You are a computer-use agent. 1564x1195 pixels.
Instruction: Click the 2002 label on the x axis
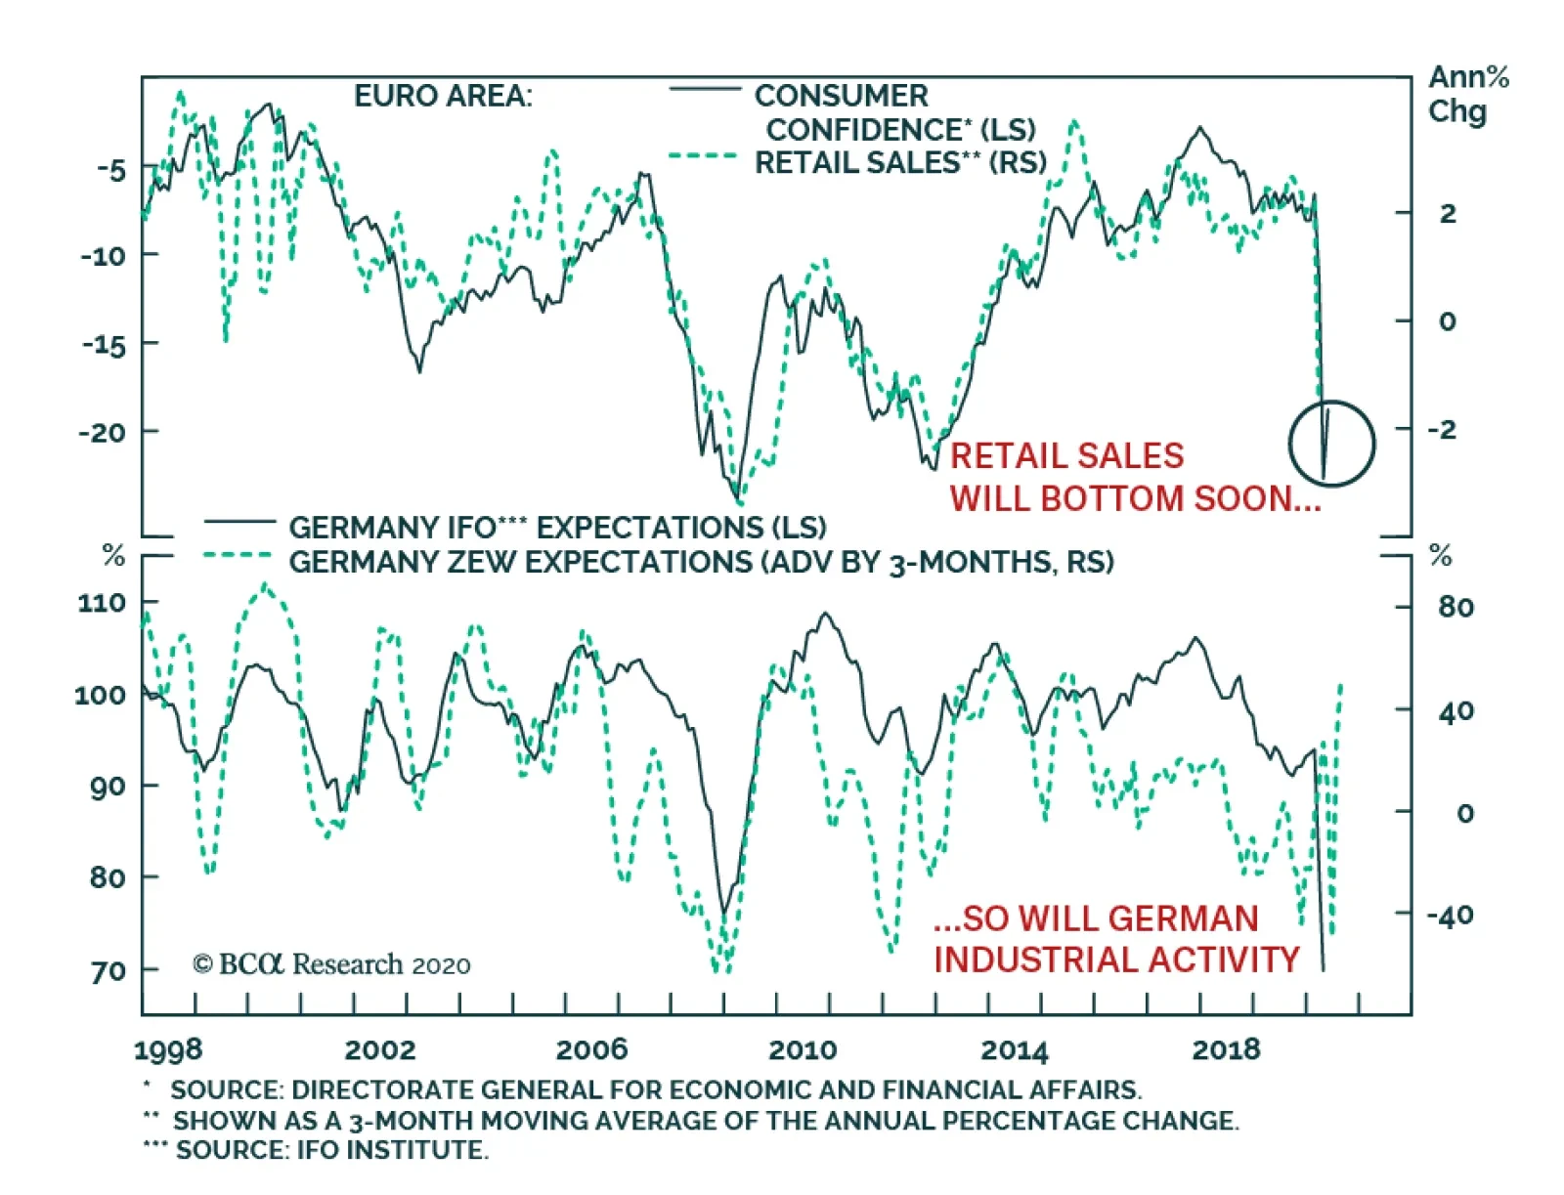(379, 1050)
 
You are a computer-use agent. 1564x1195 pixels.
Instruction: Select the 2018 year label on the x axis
(1226, 1050)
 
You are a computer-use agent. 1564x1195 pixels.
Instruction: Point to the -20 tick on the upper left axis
(104, 432)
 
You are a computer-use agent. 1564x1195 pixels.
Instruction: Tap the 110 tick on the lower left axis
(102, 603)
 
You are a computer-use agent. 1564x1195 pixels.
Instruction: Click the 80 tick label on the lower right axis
(1455, 608)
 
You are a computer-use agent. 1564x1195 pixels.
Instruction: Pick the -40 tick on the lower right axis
(1450, 916)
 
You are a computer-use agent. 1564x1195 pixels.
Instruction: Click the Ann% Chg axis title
(1467, 94)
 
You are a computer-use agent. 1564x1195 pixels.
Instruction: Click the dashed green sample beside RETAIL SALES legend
(703, 156)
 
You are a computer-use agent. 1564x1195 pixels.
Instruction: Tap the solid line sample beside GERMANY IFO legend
(239, 523)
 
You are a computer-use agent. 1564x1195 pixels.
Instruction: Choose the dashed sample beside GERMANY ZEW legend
(238, 556)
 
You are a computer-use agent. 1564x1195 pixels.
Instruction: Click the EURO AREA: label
(443, 97)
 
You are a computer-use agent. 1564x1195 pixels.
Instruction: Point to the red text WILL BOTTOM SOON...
(1134, 499)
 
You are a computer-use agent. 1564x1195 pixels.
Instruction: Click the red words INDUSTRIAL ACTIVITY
(1116, 960)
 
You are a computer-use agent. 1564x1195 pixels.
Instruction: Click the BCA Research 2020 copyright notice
(331, 965)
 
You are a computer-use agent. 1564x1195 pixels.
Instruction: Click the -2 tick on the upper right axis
(1442, 429)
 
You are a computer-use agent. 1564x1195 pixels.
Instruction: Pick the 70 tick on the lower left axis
(109, 971)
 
